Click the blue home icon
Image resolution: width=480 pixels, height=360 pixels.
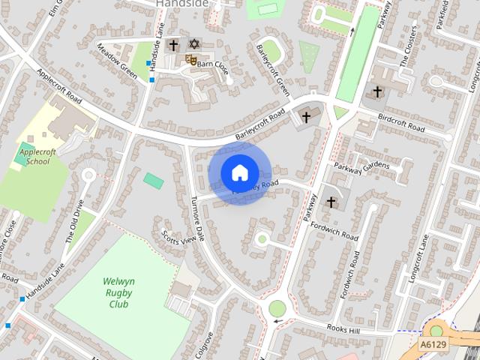pos(239,173)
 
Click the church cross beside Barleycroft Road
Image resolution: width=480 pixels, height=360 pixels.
pos(305,116)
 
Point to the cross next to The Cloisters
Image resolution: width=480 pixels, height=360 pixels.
pos(376,92)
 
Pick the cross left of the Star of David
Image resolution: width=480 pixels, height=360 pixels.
pos(173,45)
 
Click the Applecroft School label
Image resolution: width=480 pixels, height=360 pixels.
pos(33,155)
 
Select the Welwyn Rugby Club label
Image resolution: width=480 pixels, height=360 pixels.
pos(116,293)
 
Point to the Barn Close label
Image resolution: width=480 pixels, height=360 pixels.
pos(212,64)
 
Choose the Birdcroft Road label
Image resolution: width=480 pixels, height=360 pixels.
pos(402,123)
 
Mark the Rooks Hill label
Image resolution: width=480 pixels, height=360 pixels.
pos(345,328)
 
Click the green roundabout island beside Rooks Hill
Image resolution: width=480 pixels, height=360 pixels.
pos(277,307)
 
